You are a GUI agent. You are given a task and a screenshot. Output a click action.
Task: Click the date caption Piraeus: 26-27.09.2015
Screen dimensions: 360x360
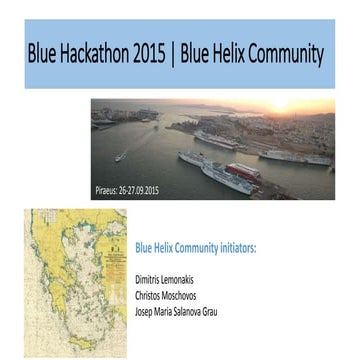tap(126, 190)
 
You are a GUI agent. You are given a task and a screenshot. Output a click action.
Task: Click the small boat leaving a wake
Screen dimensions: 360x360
tap(120, 156)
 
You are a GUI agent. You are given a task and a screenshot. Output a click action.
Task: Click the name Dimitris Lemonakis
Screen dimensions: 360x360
tap(165, 281)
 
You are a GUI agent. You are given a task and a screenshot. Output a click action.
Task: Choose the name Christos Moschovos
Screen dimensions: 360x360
tap(166, 296)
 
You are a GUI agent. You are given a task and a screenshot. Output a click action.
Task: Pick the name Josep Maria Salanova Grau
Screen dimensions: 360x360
tap(175, 311)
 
